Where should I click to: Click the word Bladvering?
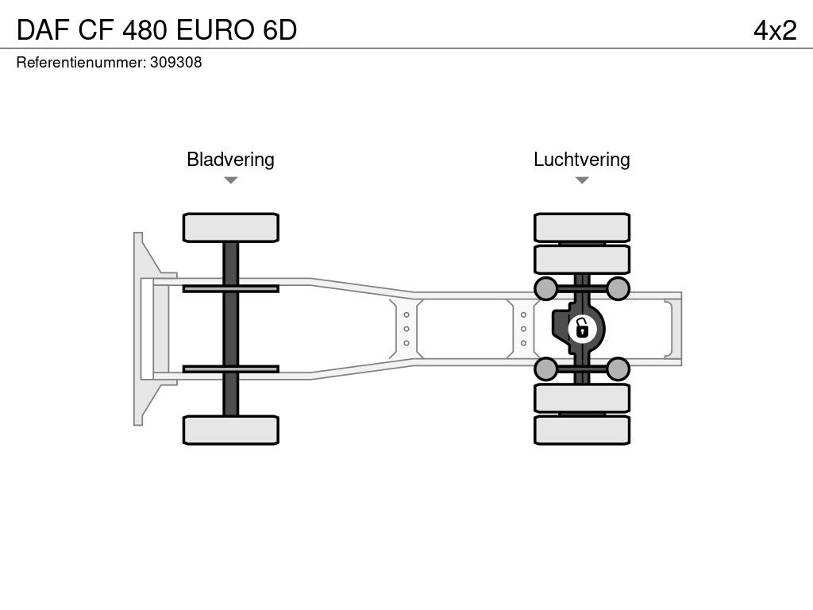point(230,159)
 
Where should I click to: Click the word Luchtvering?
point(581,159)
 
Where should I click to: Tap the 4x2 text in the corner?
point(775,30)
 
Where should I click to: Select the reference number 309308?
point(175,63)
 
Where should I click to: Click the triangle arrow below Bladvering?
point(230,180)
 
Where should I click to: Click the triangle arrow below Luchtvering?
point(582,180)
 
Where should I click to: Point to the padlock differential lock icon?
point(582,326)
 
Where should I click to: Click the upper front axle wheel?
point(230,227)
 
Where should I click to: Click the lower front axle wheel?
point(230,429)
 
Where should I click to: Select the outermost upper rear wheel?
point(582,227)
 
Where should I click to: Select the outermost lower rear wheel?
point(582,430)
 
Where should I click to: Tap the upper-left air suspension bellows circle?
point(545,288)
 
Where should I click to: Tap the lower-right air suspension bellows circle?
point(618,369)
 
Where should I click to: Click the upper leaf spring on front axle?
point(230,288)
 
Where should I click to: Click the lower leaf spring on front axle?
point(230,369)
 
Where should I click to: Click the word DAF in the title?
point(39,30)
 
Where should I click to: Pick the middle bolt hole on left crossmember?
point(406,328)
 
